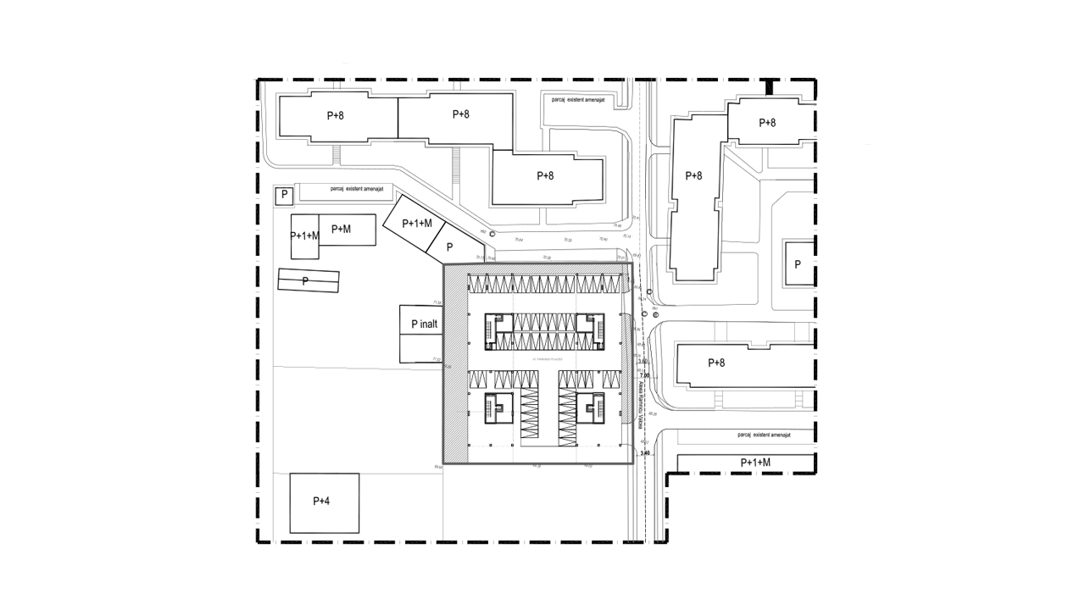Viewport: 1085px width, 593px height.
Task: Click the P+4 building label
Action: tap(320, 502)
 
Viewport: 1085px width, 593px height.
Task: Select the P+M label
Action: tap(341, 229)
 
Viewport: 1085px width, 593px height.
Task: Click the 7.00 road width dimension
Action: tap(644, 375)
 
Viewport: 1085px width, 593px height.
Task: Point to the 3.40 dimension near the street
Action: tap(645, 453)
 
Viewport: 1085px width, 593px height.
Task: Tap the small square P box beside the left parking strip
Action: tap(284, 196)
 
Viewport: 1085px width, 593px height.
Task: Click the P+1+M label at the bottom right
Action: tap(755, 463)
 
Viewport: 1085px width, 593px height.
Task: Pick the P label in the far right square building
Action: tap(797, 264)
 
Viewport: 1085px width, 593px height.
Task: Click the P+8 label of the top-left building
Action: tap(335, 117)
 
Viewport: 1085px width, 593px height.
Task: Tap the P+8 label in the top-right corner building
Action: tap(766, 123)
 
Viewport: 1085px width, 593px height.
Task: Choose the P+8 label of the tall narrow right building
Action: tap(693, 176)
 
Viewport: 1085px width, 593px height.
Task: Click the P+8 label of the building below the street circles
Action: tap(716, 363)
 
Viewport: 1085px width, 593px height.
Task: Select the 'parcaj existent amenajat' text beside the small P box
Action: tap(335, 190)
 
